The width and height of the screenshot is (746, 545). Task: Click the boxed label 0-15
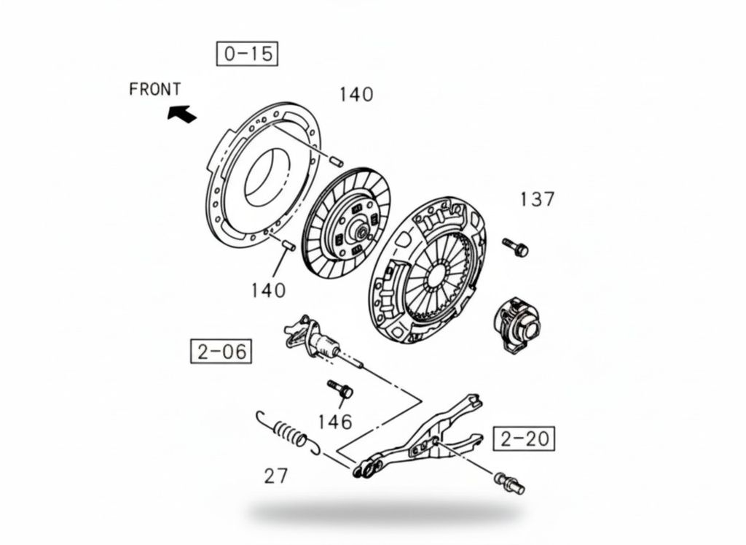tap(247, 53)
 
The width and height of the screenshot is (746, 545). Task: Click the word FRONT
tap(155, 89)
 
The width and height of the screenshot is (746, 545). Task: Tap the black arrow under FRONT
tap(181, 114)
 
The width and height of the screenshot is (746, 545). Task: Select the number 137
tap(537, 199)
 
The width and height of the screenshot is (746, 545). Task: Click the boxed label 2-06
tap(221, 352)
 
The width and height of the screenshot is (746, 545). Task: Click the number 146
tap(335, 422)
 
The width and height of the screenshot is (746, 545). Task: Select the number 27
tap(276, 476)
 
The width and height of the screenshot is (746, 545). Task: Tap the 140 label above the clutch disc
tap(356, 95)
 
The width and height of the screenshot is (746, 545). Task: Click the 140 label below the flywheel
tap(268, 290)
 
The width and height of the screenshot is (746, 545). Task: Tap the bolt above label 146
tap(339, 389)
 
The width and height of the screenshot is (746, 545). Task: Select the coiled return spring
tap(288, 432)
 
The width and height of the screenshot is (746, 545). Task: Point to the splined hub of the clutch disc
tap(359, 231)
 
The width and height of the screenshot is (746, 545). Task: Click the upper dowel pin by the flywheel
tap(337, 161)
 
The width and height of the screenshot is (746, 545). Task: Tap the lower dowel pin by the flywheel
tap(288, 245)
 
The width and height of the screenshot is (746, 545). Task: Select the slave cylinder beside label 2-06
tap(313, 339)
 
